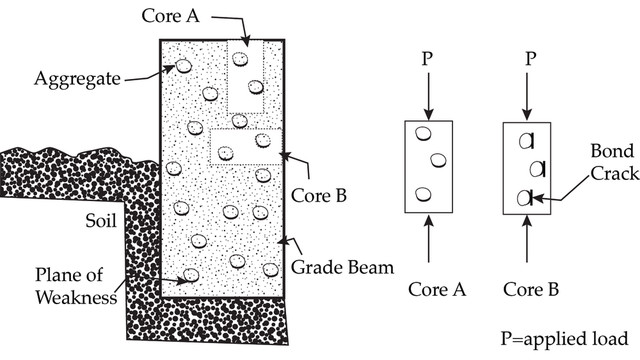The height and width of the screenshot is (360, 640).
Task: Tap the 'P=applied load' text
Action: point(565,337)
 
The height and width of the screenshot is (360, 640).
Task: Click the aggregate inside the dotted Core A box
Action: point(241,59)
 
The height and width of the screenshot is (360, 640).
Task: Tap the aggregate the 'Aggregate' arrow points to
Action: point(184,67)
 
